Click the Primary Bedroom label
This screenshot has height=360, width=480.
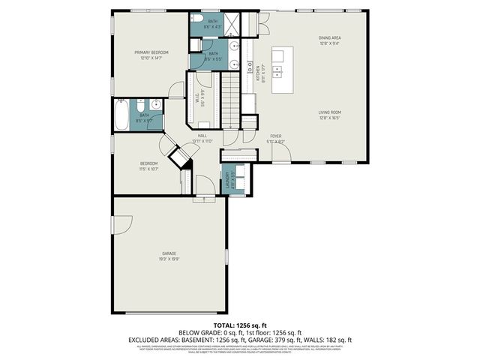(x=151, y=52)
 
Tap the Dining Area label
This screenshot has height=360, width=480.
(x=330, y=37)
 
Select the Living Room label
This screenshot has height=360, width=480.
(x=330, y=112)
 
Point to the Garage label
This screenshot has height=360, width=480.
(x=169, y=254)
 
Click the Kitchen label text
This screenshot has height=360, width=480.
(x=256, y=73)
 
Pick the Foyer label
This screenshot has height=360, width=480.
(x=276, y=136)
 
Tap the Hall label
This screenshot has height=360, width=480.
(x=202, y=136)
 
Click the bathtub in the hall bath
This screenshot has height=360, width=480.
(x=121, y=115)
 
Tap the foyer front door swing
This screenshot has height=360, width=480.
(x=280, y=155)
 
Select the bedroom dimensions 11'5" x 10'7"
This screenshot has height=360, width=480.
(x=148, y=169)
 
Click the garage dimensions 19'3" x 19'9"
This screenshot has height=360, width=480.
(x=169, y=259)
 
